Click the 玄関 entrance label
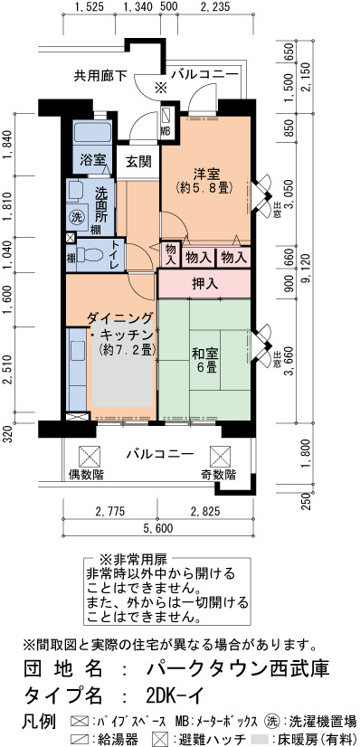pos(138,163)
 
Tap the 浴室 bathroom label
pos(92,159)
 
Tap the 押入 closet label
pos(204,284)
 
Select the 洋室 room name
pos(205,173)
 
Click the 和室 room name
pos(204,354)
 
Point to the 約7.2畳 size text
pos(128,350)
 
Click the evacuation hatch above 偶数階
pos(90,457)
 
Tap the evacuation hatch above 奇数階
pos(220,457)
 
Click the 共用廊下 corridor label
pos(100,75)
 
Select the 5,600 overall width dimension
pos(157,528)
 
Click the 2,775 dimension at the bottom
pos(110,512)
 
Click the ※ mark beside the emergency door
pos(161,88)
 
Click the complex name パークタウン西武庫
pos(238,669)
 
